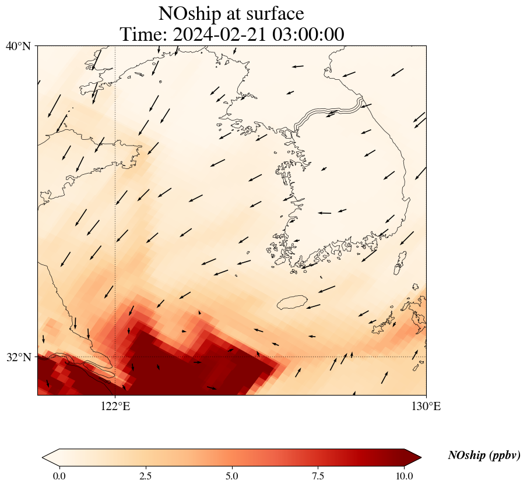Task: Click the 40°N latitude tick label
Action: (x=19, y=46)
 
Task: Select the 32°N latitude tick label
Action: (x=19, y=357)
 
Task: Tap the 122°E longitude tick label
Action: (x=115, y=407)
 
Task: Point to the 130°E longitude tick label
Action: (x=426, y=407)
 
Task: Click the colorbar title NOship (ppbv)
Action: (x=484, y=456)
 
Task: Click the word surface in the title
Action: (x=276, y=13)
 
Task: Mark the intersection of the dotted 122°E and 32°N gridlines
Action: (x=115, y=357)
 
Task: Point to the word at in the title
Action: (x=238, y=13)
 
